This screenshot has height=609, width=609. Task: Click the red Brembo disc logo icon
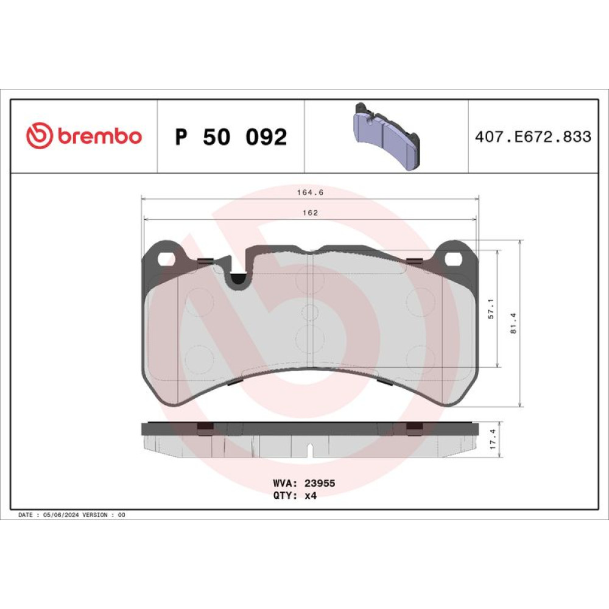pyautogui.click(x=39, y=136)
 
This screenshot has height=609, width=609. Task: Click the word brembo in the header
pyautogui.click(x=100, y=136)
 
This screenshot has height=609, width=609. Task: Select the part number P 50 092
pyautogui.click(x=231, y=136)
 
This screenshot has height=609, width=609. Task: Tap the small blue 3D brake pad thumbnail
pyautogui.click(x=387, y=136)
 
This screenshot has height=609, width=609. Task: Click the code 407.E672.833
pyautogui.click(x=533, y=136)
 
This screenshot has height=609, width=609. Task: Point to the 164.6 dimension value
pyautogui.click(x=310, y=192)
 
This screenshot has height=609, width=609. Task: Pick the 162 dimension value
pyautogui.click(x=310, y=213)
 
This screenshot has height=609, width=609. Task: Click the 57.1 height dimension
pyautogui.click(x=491, y=309)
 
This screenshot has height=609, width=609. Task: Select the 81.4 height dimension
pyautogui.click(x=513, y=323)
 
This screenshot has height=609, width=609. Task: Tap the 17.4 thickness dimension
pyautogui.click(x=493, y=439)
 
